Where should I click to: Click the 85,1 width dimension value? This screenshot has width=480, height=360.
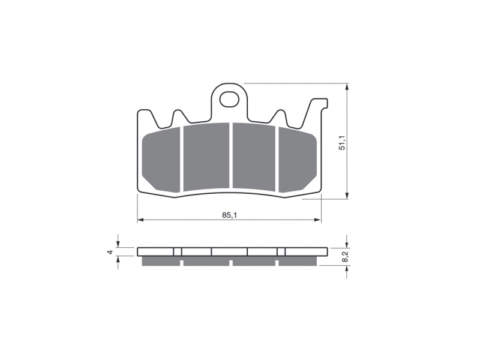point(229,215)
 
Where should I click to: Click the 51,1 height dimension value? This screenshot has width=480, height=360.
point(342,143)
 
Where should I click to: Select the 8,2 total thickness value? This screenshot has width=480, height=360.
point(346,256)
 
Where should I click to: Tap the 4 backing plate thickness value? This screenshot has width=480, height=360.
point(110,252)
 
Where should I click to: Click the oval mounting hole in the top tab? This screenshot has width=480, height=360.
point(229,99)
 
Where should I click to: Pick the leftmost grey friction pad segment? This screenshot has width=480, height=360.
point(161,160)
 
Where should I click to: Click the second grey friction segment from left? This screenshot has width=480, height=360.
point(206,157)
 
